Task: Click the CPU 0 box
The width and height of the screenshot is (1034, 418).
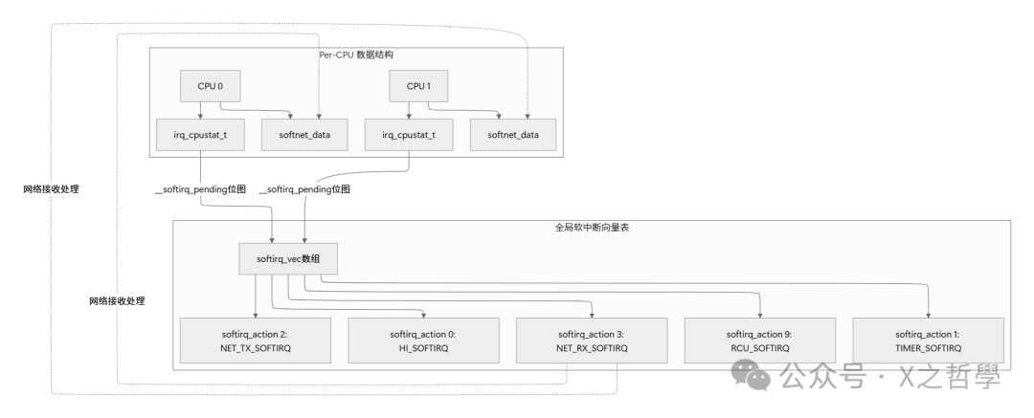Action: [210, 86]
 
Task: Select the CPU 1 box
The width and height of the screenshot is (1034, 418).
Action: [416, 86]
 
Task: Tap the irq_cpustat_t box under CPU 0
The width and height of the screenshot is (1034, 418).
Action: [199, 136]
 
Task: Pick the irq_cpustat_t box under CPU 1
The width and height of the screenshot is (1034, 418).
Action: [409, 136]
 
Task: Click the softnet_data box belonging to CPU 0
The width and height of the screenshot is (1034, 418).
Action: [304, 136]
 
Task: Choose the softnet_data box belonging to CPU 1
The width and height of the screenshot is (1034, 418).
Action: [513, 136]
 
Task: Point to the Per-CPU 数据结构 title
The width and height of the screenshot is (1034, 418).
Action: [355, 55]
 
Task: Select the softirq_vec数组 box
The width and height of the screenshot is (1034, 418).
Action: [288, 259]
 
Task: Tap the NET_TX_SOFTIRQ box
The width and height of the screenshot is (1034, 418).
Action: [256, 341]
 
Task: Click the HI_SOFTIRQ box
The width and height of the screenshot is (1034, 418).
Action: [422, 341]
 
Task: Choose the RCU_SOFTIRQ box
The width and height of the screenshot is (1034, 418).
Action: [759, 341]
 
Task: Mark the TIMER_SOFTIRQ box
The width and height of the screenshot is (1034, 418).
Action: [928, 341]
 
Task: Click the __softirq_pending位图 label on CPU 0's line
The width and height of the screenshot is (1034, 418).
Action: [200, 189]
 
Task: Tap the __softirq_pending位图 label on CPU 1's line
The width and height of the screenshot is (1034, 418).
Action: [305, 189]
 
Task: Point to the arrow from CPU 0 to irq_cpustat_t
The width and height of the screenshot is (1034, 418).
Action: [199, 109]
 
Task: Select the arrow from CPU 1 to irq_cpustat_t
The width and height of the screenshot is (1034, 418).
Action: [409, 109]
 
